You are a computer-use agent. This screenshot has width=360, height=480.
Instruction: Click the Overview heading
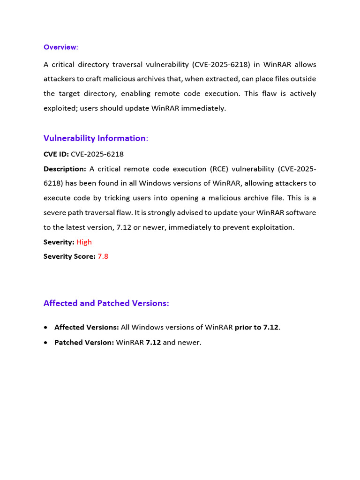(x=60, y=47)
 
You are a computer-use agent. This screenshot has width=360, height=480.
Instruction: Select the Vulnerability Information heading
(x=95, y=138)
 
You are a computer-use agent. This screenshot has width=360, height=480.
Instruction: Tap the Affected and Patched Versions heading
(x=106, y=303)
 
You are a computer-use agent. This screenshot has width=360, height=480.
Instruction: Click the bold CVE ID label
(x=56, y=154)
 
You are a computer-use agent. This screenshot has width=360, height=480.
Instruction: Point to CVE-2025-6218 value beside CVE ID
(x=97, y=154)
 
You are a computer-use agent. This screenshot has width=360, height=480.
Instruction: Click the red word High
(x=84, y=242)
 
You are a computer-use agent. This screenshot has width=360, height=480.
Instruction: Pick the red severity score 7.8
(x=103, y=256)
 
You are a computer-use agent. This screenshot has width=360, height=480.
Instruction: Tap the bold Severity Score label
(x=69, y=256)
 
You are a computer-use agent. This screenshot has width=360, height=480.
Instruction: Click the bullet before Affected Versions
(x=45, y=327)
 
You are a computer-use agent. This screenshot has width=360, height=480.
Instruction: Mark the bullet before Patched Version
(x=45, y=343)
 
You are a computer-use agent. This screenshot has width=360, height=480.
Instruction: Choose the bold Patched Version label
(x=84, y=343)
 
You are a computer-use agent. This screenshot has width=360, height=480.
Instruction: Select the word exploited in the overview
(x=60, y=108)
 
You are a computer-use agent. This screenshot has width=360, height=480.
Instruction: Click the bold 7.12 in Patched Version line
(x=153, y=343)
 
